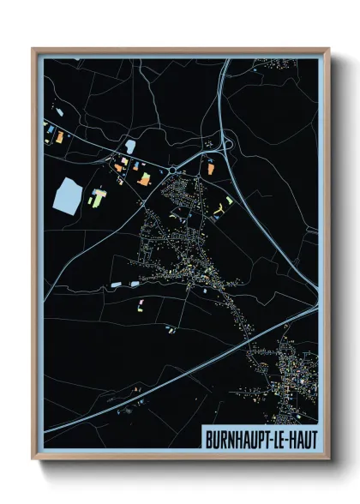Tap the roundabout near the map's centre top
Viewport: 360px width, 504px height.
pos(175,171)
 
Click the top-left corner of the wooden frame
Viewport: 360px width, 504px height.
pos(33,49)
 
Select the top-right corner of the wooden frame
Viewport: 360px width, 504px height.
pos(328,49)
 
